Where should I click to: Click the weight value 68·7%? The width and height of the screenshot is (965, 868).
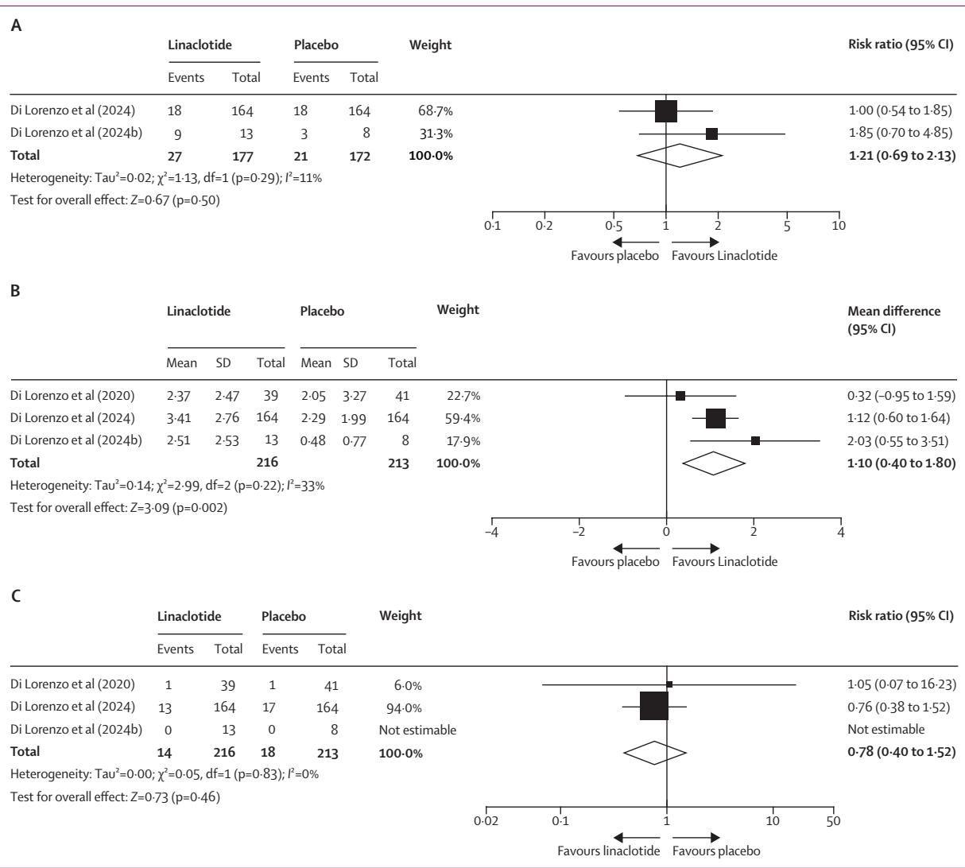(436, 112)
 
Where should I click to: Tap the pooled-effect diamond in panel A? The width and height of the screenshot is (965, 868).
(680, 155)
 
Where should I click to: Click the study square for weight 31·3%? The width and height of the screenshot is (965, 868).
(711, 134)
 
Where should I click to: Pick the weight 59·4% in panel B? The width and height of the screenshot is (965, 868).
(463, 418)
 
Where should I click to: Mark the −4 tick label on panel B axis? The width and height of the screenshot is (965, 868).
(491, 532)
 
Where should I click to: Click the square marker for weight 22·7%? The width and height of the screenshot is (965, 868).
(680, 396)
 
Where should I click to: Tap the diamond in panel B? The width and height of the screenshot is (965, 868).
(712, 463)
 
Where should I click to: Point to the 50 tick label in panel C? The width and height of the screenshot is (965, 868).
(831, 820)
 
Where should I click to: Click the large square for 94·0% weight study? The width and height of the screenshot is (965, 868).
(653, 707)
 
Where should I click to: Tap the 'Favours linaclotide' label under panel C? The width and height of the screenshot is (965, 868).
(608, 851)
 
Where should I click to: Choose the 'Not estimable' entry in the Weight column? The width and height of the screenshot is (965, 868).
(417, 729)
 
